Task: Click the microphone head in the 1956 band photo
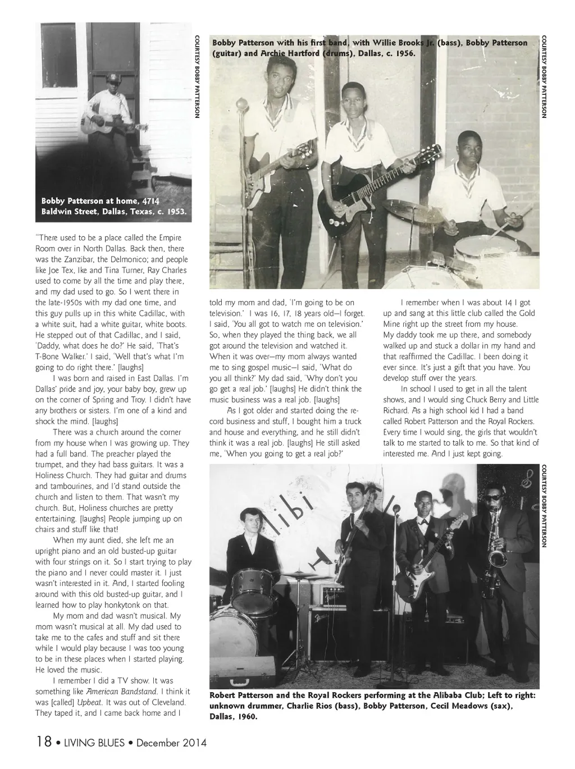(x=242, y=104)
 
